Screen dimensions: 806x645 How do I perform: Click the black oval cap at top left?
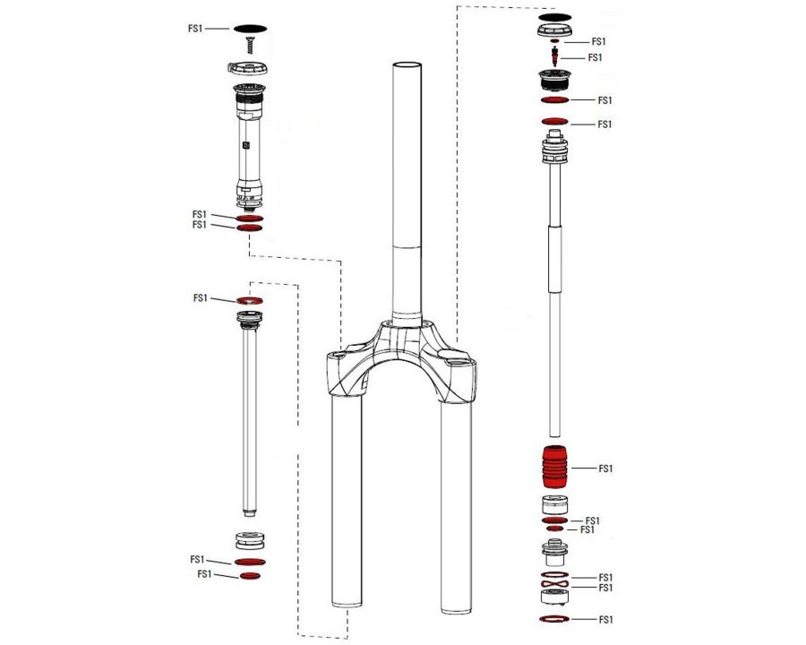click(x=251, y=29)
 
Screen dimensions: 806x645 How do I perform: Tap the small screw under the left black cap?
click(x=251, y=45)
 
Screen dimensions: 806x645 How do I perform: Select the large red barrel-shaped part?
click(x=554, y=467)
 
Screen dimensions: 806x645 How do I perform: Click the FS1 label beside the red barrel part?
click(x=605, y=469)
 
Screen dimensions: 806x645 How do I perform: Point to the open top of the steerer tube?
click(x=407, y=65)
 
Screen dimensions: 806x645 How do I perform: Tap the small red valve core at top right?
click(x=554, y=56)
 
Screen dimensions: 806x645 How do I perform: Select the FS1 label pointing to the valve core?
click(x=595, y=57)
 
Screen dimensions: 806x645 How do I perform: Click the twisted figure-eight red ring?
click(x=554, y=584)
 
